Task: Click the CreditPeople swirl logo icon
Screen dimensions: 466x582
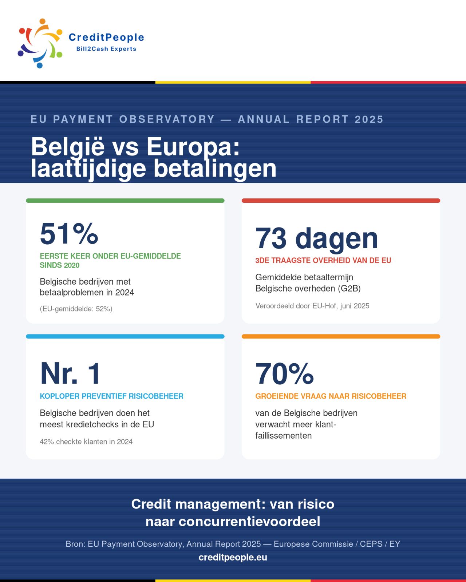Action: pos(40,43)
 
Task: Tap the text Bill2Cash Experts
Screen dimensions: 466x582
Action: pos(106,49)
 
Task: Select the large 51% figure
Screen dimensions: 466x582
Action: pos(69,233)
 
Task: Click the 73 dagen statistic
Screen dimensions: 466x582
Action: pos(316,238)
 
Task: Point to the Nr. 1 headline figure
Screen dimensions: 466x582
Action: pos(70,373)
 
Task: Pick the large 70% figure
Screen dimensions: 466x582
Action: pos(284,373)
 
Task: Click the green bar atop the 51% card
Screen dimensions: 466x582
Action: pos(125,201)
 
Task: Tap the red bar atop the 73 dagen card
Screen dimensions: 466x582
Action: pos(341,201)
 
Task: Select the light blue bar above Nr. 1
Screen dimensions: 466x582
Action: pos(125,336)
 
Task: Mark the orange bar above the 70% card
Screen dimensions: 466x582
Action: pos(341,336)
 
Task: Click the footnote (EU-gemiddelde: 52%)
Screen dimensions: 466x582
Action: pos(76,309)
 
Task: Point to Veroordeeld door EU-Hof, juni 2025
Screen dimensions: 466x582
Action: pos(312,306)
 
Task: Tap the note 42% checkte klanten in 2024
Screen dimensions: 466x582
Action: pos(86,442)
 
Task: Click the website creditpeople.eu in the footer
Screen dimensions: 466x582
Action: pos(233,557)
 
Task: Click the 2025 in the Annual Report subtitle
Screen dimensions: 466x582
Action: pos(369,119)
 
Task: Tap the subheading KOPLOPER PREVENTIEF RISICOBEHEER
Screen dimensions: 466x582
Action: pos(111,396)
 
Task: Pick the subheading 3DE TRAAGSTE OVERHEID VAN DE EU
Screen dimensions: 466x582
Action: pos(323,261)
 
